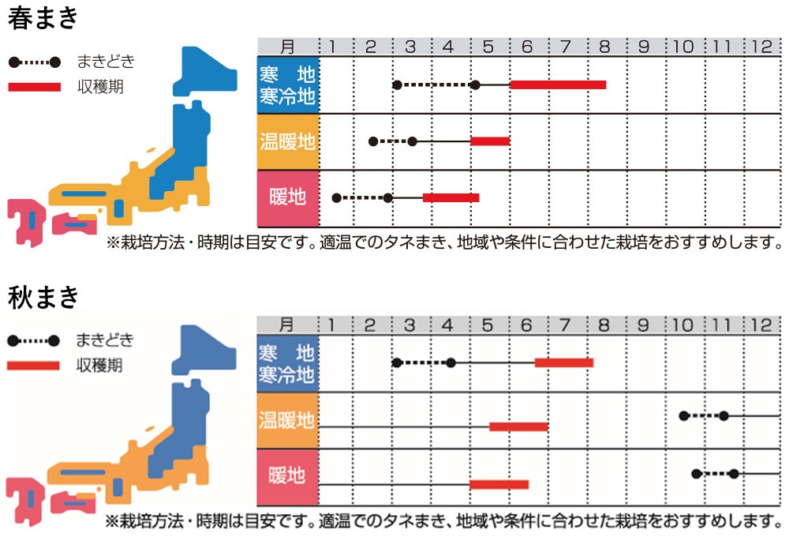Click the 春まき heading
[43, 17]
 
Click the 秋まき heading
[43, 297]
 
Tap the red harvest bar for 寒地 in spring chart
[558, 84]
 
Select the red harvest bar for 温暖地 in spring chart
[490, 141]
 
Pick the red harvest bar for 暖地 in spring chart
[451, 197]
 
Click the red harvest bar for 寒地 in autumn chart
[563, 362]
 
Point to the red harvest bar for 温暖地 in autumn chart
[518, 426]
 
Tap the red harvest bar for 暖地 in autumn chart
[499, 484]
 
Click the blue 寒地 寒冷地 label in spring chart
[288, 85]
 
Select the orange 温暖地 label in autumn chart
[288, 420]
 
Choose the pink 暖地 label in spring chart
[288, 197]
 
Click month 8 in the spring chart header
[604, 47]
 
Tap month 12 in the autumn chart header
[761, 325]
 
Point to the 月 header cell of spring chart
[288, 47]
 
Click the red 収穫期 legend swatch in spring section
[34, 86]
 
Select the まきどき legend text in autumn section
[105, 340]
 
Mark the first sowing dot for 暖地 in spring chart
[336, 197]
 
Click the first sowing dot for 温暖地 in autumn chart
[684, 415]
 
